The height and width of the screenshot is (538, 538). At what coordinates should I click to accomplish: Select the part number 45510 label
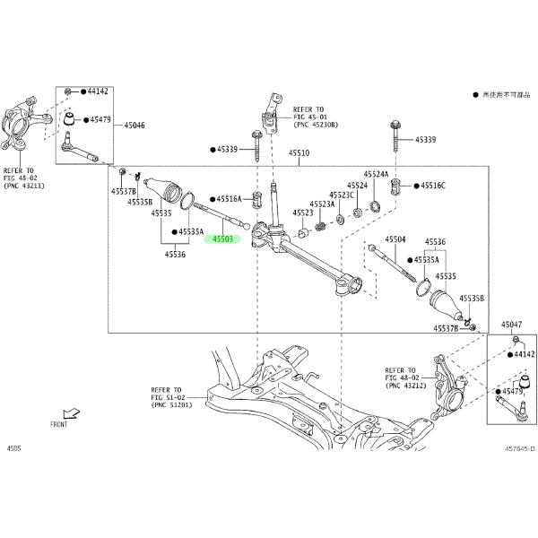[299, 154]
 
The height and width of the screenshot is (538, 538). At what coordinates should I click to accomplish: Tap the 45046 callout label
[134, 126]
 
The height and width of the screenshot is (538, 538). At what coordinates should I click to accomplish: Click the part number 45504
[395, 240]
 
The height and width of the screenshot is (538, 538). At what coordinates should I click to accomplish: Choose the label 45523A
[322, 204]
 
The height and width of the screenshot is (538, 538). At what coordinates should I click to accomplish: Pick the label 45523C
[342, 195]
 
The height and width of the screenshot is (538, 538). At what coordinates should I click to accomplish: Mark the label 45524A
[376, 174]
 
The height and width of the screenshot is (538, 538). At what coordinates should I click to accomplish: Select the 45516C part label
[430, 186]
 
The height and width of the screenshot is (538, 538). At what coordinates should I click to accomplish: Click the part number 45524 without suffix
[357, 186]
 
